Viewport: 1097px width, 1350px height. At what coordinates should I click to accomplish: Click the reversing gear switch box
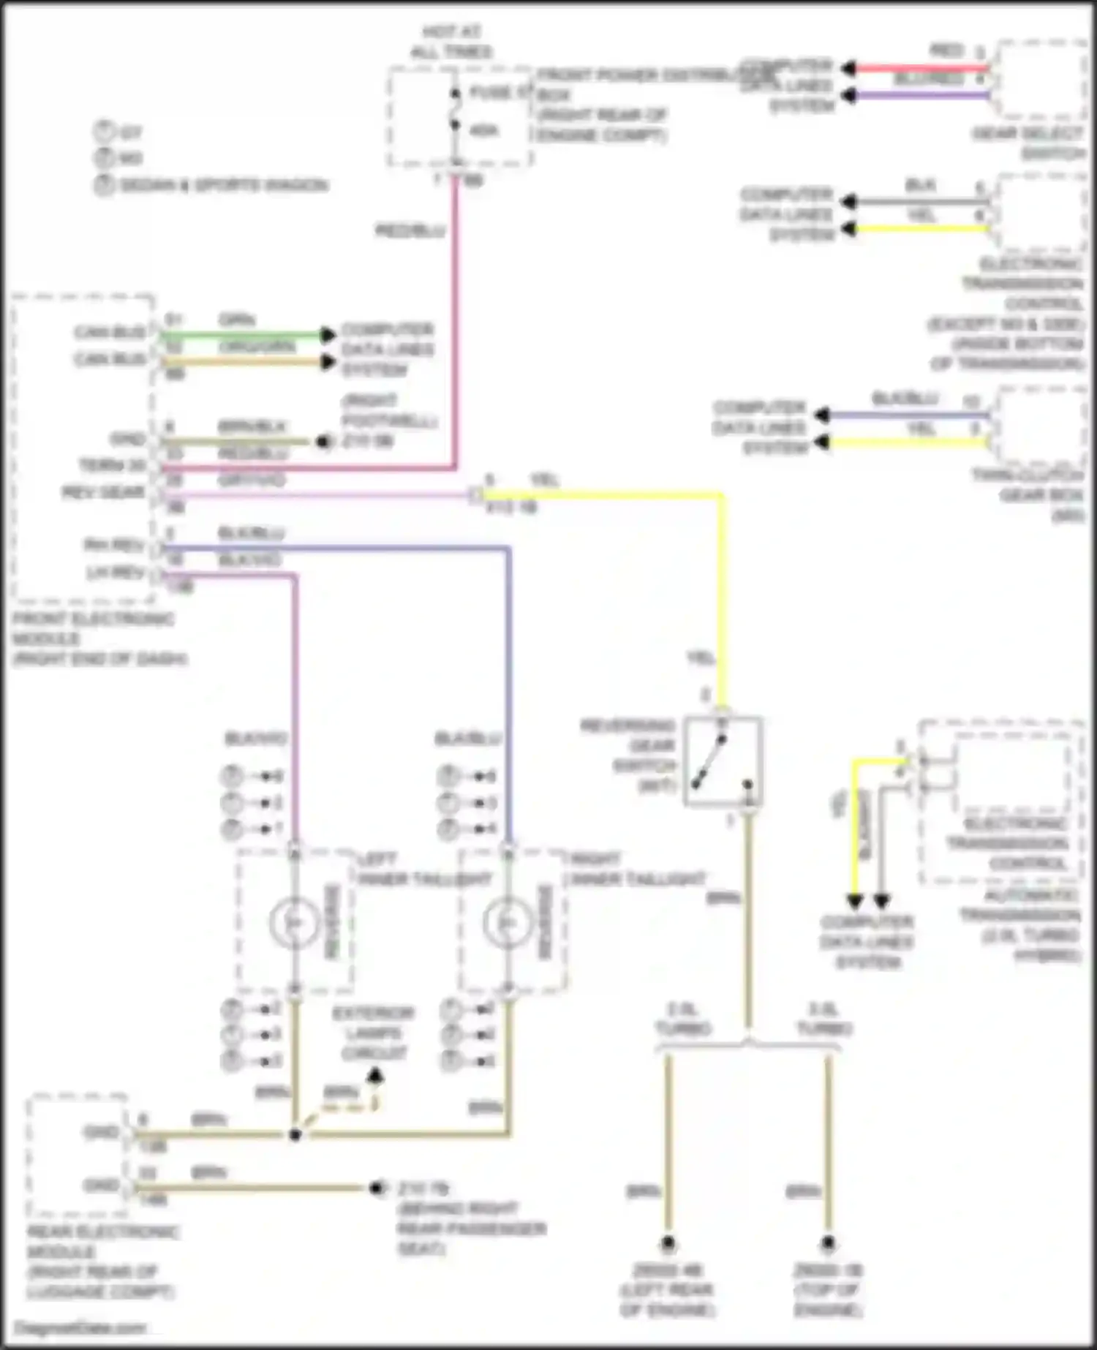(723, 761)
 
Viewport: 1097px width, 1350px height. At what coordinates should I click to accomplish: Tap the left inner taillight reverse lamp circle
(294, 923)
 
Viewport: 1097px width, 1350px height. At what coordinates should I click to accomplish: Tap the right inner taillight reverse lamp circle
(508, 923)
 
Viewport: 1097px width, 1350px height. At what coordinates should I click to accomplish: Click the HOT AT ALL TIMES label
(451, 42)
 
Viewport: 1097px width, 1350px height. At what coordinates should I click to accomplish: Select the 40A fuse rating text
(483, 131)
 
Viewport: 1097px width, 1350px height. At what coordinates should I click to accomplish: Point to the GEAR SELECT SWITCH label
(1028, 143)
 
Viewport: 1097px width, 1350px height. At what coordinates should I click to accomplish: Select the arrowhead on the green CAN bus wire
(327, 335)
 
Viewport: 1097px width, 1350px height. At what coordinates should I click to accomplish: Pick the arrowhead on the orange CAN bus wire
(327, 362)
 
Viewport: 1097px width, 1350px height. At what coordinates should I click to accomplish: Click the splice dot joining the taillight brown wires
(295, 1134)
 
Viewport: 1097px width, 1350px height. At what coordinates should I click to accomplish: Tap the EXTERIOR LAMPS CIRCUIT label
(373, 1033)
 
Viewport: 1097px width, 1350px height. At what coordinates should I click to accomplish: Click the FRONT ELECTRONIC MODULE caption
(95, 638)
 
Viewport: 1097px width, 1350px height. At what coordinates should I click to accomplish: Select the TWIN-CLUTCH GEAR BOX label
(1028, 496)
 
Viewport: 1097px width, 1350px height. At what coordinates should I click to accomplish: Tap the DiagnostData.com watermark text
(80, 1328)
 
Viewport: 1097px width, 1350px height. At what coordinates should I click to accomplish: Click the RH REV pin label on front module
(114, 545)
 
